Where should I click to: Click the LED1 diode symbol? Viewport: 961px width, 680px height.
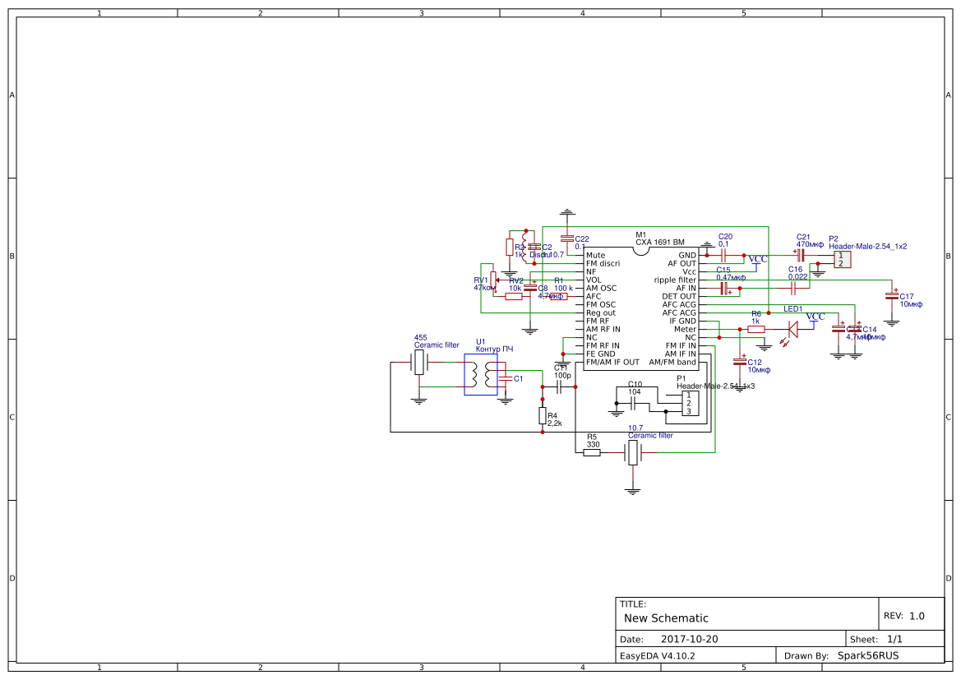click(793, 329)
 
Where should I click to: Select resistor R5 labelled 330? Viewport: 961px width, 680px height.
click(592, 452)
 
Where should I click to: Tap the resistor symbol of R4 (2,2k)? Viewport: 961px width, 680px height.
click(543, 416)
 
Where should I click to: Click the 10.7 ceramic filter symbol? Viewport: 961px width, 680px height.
click(632, 452)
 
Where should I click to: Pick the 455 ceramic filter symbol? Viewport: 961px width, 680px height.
click(419, 363)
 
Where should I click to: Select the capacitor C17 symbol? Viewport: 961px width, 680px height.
click(892, 293)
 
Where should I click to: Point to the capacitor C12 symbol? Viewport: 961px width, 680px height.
click(740, 360)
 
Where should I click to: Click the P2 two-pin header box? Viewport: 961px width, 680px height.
click(842, 259)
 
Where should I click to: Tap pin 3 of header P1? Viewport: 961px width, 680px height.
click(689, 411)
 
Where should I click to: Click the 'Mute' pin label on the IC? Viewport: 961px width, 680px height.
click(596, 256)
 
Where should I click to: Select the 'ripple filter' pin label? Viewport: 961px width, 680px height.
click(675, 280)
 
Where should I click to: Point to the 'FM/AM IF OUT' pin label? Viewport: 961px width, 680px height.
click(612, 363)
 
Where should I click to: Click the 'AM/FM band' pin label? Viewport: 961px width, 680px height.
click(672, 363)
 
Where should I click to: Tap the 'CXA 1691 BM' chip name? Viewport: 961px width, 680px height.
click(659, 243)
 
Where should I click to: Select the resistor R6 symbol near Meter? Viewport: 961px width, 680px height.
click(756, 329)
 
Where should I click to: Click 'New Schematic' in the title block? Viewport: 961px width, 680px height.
click(666, 618)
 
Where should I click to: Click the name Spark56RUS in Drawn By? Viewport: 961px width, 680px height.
click(867, 656)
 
